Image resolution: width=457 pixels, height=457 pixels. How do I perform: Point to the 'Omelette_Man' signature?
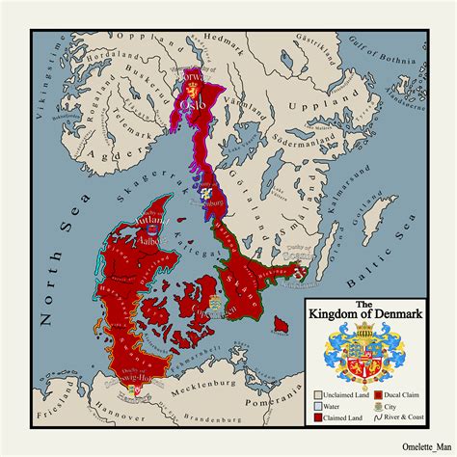click(x=417, y=444)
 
